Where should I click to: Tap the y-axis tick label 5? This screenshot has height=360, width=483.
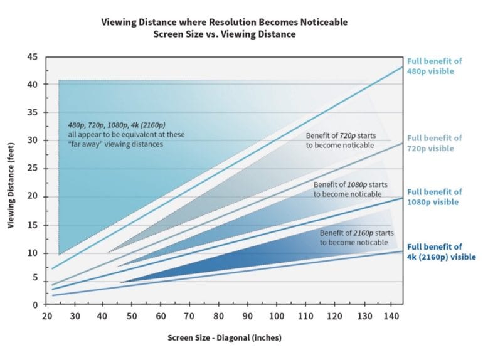(x=35, y=277)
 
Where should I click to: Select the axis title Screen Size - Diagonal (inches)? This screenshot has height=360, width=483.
(x=225, y=338)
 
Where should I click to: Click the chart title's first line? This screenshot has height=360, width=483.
(x=224, y=22)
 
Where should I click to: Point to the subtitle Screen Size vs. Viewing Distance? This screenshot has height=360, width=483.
(x=224, y=33)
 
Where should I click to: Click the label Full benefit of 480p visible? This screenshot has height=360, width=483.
(x=434, y=66)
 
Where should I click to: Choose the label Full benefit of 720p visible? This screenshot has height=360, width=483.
(x=434, y=143)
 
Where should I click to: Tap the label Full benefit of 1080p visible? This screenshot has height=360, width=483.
(x=434, y=197)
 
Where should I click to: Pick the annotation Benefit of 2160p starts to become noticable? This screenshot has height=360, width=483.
(x=356, y=237)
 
